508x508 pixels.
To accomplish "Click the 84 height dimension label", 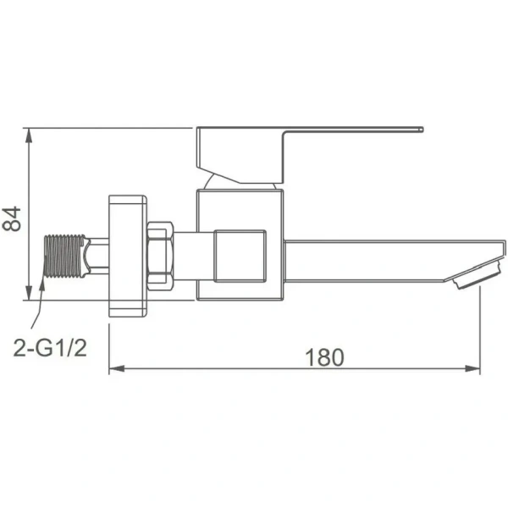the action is click(12, 218).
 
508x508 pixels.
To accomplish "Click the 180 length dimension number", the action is click(324, 357).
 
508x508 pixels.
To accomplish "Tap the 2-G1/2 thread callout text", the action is click(50, 347).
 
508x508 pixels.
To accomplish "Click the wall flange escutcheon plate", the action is click(128, 256).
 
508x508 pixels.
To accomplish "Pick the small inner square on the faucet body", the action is click(240, 256).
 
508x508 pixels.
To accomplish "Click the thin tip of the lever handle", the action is click(421, 130).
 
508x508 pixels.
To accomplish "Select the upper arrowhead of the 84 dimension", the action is click(29, 135).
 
